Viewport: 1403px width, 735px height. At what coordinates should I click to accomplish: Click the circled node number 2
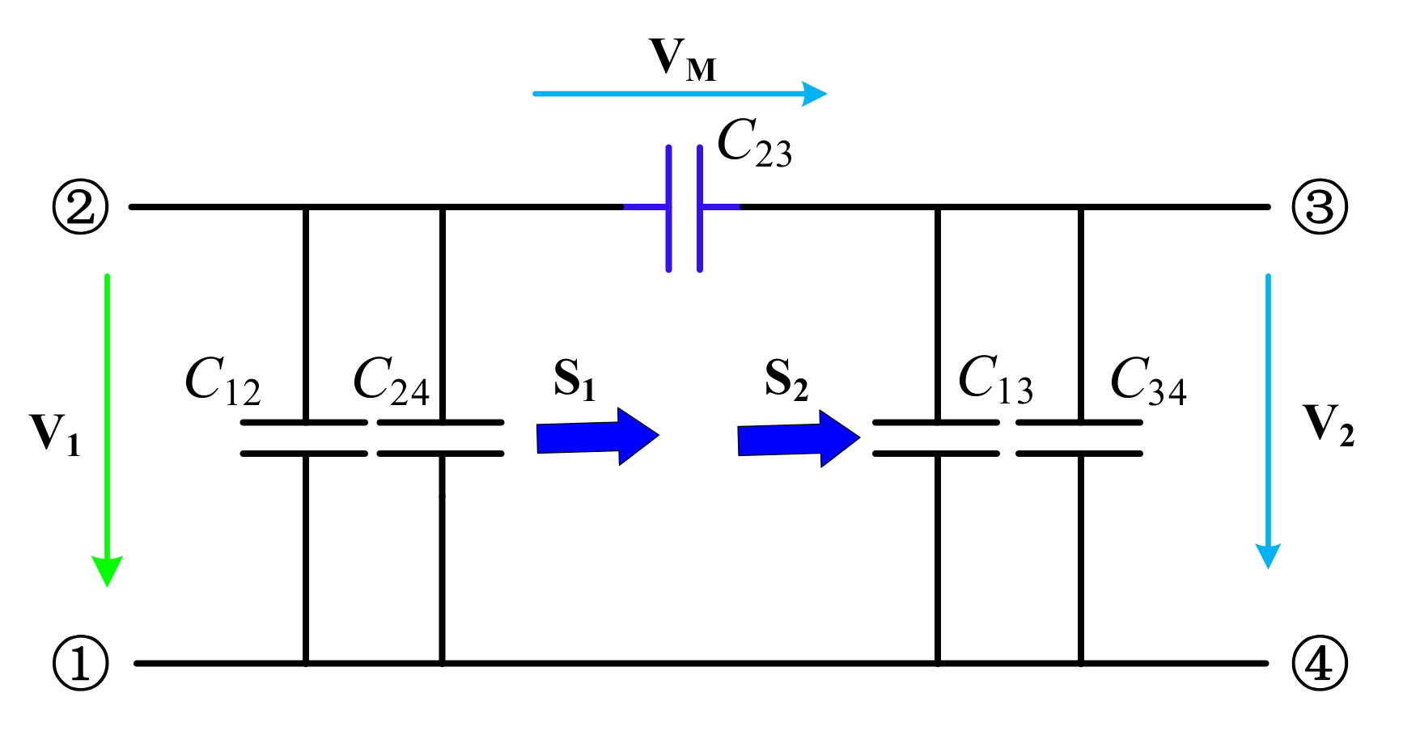[x=80, y=207]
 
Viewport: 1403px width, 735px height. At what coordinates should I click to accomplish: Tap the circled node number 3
[x=1319, y=207]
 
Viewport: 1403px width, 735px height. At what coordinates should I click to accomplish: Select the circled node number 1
[x=80, y=663]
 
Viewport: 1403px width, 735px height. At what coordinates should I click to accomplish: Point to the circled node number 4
[x=1319, y=663]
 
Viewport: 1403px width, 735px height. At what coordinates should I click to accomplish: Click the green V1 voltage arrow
[x=107, y=429]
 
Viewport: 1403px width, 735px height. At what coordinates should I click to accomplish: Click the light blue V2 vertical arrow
[x=1267, y=420]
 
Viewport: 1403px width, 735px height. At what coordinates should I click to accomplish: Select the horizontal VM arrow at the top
[x=680, y=94]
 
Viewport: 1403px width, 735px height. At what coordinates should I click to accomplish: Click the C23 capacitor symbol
[x=684, y=208]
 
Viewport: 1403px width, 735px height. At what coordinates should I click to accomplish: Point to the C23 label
[x=754, y=143]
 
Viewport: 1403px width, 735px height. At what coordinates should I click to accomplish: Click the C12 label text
[x=223, y=381]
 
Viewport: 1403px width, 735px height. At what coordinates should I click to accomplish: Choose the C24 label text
[x=391, y=381]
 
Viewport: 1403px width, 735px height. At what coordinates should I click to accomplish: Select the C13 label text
[x=995, y=379]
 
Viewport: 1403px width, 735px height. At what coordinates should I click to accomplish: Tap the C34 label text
[x=1147, y=381]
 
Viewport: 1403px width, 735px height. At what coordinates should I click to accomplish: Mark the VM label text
[x=683, y=60]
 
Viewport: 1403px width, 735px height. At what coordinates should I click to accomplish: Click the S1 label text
[x=574, y=379]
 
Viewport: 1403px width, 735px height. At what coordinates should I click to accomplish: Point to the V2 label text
[x=1328, y=425]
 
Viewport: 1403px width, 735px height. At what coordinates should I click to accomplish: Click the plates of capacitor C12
[x=304, y=437]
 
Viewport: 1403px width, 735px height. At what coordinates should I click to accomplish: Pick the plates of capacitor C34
[x=1079, y=437]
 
